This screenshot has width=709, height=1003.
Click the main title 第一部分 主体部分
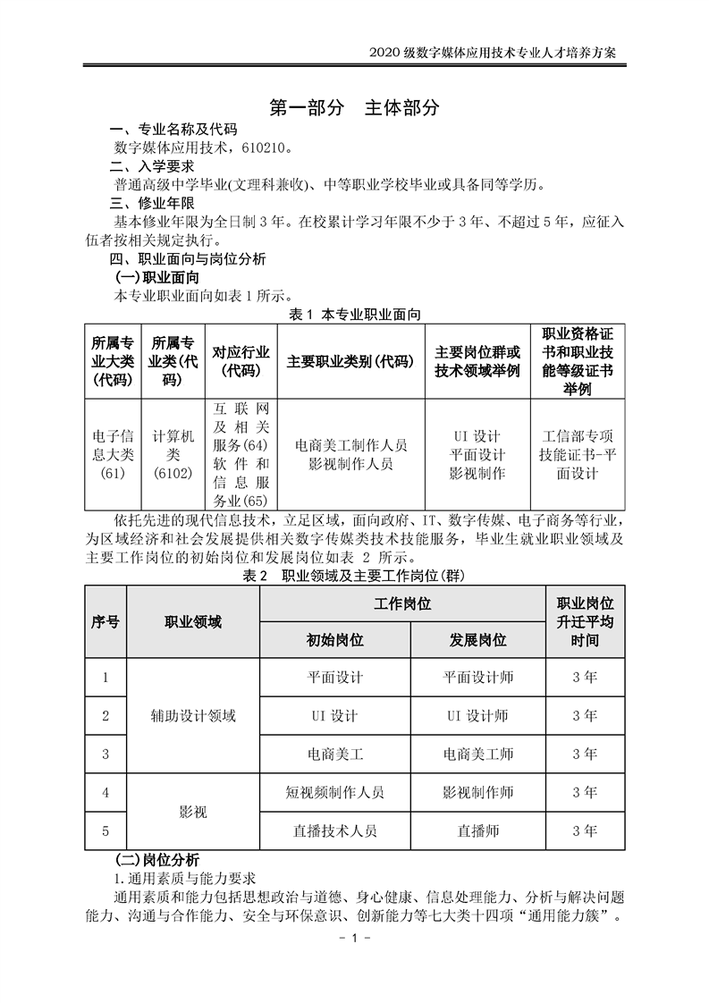(x=355, y=108)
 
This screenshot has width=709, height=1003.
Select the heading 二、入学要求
(x=150, y=166)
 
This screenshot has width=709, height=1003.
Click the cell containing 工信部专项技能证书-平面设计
(x=577, y=454)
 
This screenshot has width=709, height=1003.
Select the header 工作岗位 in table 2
(x=402, y=603)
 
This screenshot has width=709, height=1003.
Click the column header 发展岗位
(x=477, y=640)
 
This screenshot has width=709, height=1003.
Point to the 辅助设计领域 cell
(x=193, y=715)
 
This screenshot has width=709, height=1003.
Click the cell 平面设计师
(x=477, y=678)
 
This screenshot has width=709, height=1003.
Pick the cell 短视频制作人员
(x=334, y=792)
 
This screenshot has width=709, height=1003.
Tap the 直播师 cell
(x=477, y=830)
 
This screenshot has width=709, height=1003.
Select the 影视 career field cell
(x=193, y=812)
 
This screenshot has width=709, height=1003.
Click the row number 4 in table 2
(x=106, y=792)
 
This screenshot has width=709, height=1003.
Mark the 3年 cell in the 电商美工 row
(x=585, y=754)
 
